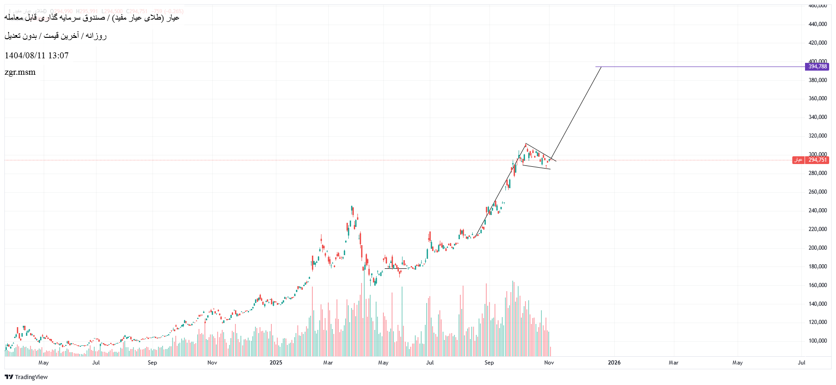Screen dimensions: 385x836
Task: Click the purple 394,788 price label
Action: tap(817, 67)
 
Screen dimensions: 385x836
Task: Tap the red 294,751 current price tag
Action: tap(817, 160)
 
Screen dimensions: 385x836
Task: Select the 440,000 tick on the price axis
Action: tap(817, 24)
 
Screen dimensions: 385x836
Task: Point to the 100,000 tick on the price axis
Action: tap(817, 341)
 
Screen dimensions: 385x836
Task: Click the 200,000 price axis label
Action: tap(817, 248)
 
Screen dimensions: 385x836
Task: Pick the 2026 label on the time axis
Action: tap(614, 363)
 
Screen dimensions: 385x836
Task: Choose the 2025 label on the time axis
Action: tap(275, 363)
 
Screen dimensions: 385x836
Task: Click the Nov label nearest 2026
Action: tap(549, 363)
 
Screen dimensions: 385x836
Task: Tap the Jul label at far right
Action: tap(801, 363)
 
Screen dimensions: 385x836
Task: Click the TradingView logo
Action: tap(26, 377)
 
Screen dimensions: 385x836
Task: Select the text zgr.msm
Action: tap(20, 72)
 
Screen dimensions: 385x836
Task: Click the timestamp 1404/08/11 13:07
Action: tap(36, 56)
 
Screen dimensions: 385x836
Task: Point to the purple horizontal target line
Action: tap(701, 67)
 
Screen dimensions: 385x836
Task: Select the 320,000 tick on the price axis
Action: tap(817, 136)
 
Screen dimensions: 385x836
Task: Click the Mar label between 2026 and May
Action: tap(673, 363)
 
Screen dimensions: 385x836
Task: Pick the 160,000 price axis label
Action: tap(817, 285)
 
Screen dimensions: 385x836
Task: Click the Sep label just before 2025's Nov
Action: tap(489, 363)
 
